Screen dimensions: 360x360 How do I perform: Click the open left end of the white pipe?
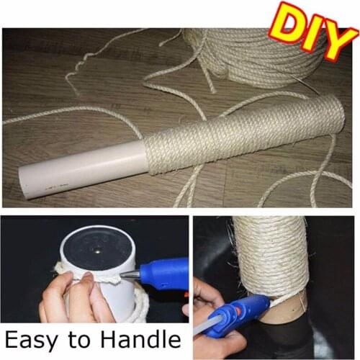[27, 185]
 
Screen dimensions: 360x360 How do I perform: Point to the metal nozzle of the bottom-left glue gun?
[128, 275]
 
